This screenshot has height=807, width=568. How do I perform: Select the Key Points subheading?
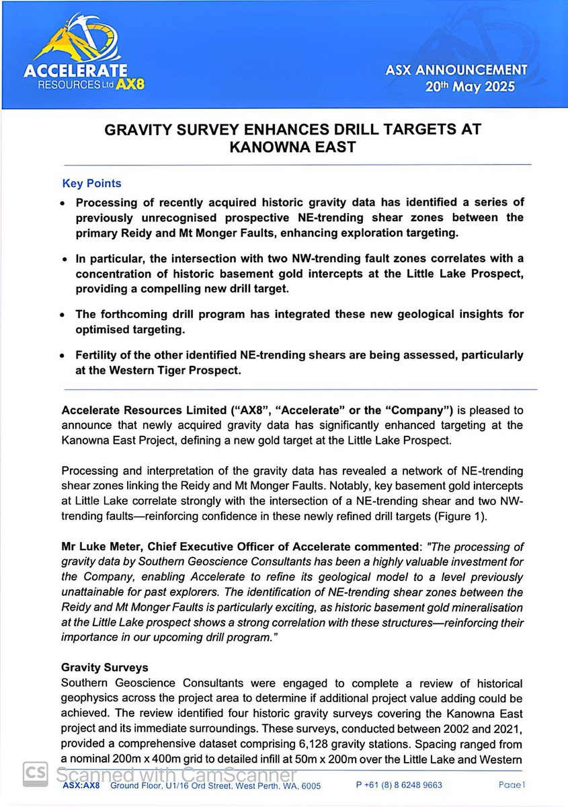pos(92,184)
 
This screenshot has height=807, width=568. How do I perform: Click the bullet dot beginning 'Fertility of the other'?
pos(63,356)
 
